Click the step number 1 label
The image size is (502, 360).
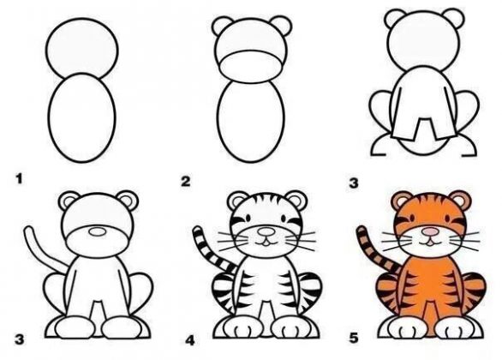coord(20,179)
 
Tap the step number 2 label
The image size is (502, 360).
coord(186,181)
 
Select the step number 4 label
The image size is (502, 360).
coord(190,340)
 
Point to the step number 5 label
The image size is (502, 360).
coord(354,338)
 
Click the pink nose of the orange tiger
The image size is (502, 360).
coord(430,231)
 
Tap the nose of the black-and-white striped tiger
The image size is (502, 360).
coord(266,231)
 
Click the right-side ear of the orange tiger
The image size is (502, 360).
coord(461,200)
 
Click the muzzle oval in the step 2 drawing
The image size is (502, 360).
coord(251,67)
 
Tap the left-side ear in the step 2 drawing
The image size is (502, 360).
coord(222,26)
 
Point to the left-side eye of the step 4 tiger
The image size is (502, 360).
coord(248,218)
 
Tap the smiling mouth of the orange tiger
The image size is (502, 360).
coord(430,243)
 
